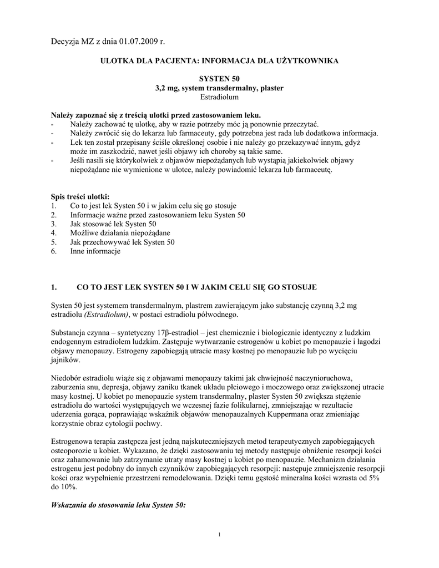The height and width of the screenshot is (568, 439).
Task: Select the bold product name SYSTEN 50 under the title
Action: (219, 79)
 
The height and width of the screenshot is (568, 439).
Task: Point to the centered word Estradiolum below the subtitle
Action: (219, 97)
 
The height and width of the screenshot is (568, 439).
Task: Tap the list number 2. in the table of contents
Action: (53, 215)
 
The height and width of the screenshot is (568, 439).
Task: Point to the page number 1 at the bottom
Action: (219, 534)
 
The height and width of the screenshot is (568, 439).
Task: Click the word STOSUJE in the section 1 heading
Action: (298, 287)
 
